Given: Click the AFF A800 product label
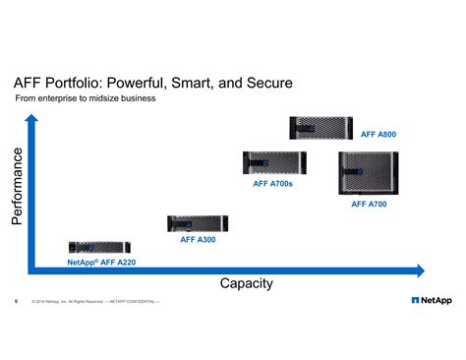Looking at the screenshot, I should pyautogui.click(x=379, y=134).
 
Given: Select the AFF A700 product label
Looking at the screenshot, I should pyautogui.click(x=369, y=205).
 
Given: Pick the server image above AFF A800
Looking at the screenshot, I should pyautogui.click(x=321, y=128).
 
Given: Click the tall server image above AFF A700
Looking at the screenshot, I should pyautogui.click(x=368, y=174).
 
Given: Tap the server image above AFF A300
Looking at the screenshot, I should pyautogui.click(x=198, y=223).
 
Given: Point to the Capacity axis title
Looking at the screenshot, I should pyautogui.click(x=246, y=283).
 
